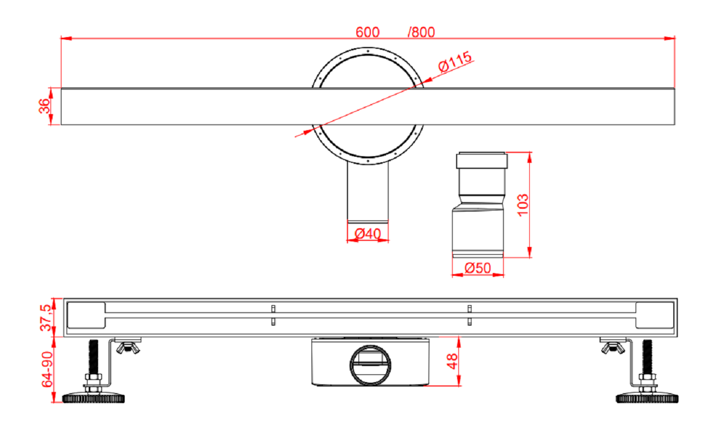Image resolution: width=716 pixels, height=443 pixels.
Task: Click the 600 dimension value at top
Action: coord(367,32)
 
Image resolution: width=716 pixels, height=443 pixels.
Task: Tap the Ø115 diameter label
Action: coord(455,61)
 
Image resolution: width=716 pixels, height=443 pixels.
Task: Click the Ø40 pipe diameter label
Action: coord(367,234)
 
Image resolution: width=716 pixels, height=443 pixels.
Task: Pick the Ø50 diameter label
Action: coord(478,269)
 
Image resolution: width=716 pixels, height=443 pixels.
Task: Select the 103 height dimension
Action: coord(522,205)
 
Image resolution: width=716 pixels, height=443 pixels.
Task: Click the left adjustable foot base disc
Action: coord(94,397)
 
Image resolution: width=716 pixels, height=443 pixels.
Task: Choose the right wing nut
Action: coord(613,348)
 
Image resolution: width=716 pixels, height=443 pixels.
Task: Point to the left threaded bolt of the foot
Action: coord(93,357)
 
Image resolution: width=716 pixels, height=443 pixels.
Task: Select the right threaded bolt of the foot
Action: coord(647,357)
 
